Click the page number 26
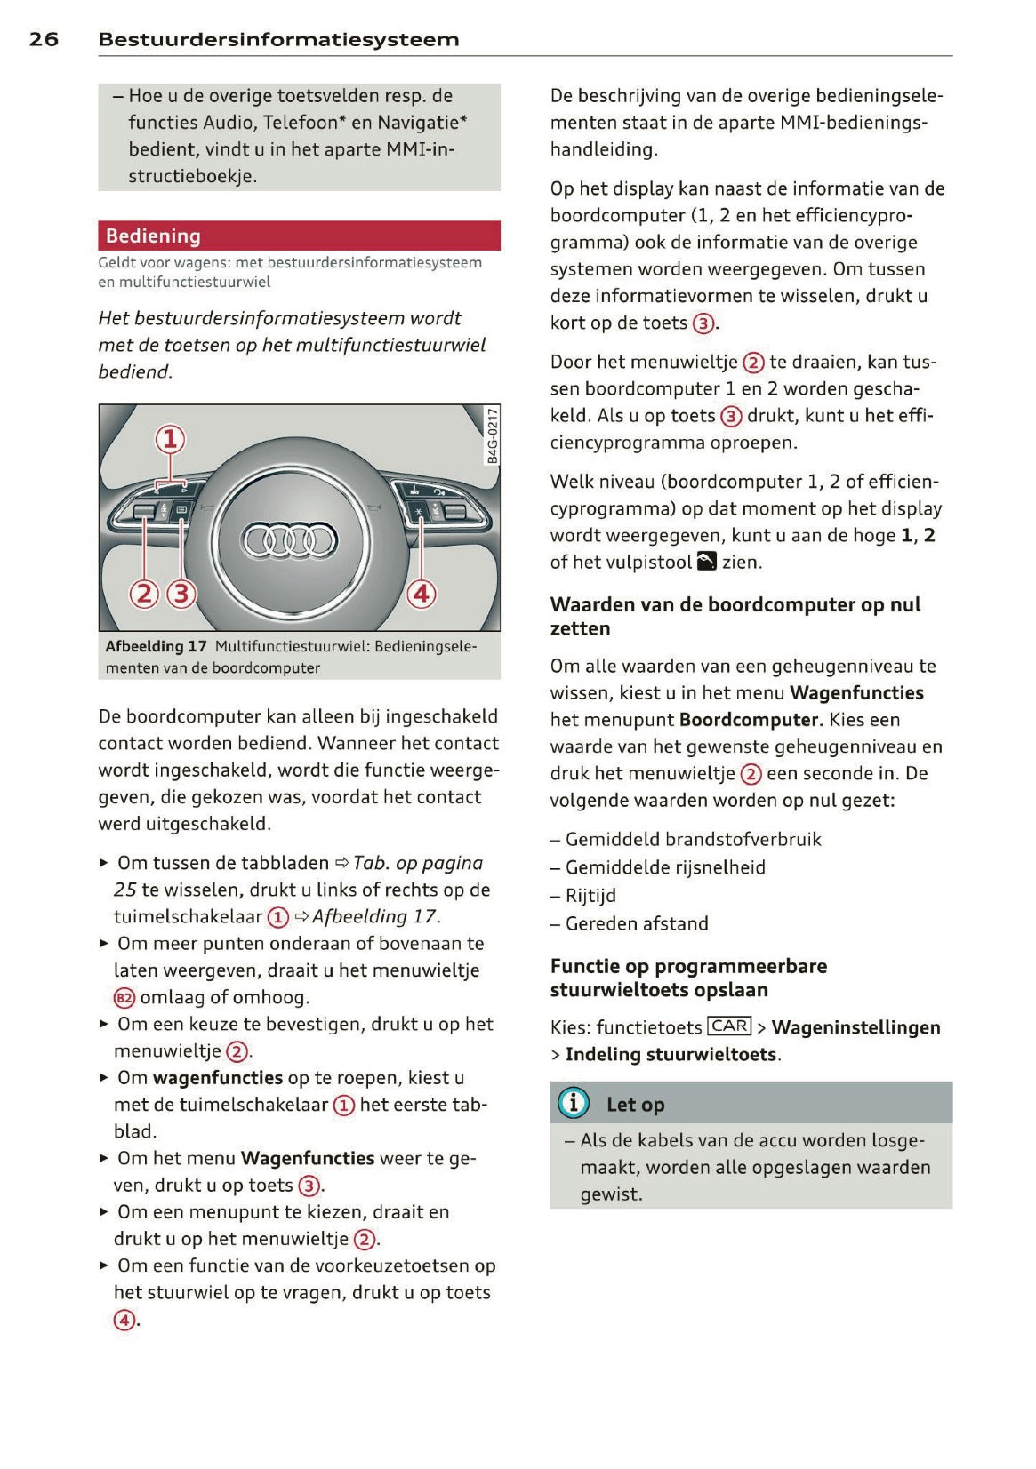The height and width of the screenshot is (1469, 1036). tap(44, 39)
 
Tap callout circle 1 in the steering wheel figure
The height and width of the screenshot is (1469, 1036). tap(171, 439)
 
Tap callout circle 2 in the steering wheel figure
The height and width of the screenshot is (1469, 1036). tap(144, 593)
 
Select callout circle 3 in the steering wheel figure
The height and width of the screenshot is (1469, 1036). tap(181, 593)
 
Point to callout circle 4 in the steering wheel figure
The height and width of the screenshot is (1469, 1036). tap(422, 593)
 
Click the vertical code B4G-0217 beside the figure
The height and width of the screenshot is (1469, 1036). tap(492, 435)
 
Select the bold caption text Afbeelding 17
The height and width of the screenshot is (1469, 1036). tap(156, 646)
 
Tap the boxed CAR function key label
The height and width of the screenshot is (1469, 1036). tap(729, 1026)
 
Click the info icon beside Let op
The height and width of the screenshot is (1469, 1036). tap(574, 1103)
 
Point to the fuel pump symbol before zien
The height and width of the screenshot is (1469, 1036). tap(707, 561)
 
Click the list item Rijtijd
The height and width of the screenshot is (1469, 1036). tap(590, 896)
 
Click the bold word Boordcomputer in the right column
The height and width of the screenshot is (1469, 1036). tap(748, 720)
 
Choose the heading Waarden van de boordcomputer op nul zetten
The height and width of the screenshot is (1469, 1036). tap(735, 616)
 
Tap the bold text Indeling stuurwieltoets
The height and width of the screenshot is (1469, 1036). tap(671, 1054)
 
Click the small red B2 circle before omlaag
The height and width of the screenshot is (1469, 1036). tap(124, 998)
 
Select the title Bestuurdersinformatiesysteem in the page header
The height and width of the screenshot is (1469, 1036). tap(278, 39)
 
